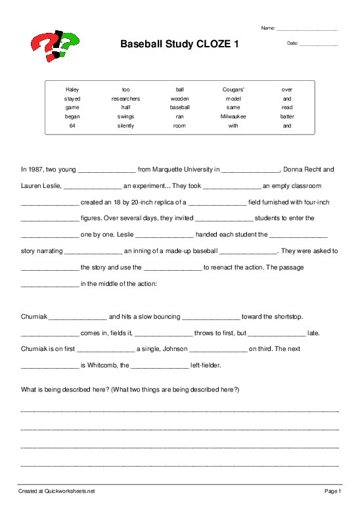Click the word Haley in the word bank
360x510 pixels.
pyautogui.click(x=72, y=89)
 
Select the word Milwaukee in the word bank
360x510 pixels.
pyautogui.click(x=233, y=116)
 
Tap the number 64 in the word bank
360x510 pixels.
pyautogui.click(x=72, y=126)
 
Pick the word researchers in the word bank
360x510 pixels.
pyautogui.click(x=125, y=99)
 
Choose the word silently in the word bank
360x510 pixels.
pyautogui.click(x=125, y=126)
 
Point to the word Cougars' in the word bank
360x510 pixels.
pyautogui.click(x=233, y=89)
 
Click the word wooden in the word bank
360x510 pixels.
pyautogui.click(x=179, y=99)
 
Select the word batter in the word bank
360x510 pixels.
pyautogui.click(x=287, y=116)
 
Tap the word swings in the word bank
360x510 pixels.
pyautogui.click(x=125, y=116)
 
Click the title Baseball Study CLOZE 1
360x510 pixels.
pyautogui.click(x=179, y=44)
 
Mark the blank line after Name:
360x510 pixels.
pyautogui.click(x=307, y=30)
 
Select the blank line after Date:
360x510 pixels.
pyautogui.click(x=319, y=44)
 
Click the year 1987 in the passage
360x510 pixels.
pyautogui.click(x=37, y=168)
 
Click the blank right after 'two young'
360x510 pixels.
pyautogui.click(x=106, y=170)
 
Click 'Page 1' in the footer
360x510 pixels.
pyautogui.click(x=332, y=491)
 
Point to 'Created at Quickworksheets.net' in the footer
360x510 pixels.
pyautogui.click(x=56, y=491)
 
